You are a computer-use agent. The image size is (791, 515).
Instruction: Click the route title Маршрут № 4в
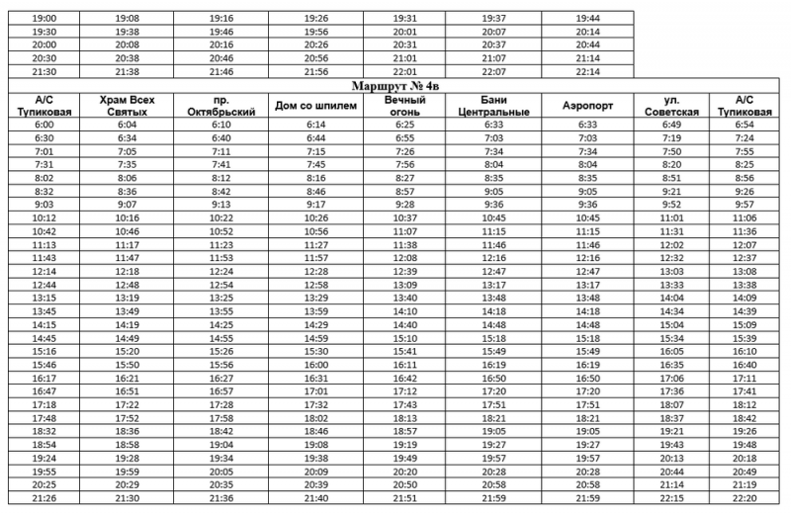[395, 86]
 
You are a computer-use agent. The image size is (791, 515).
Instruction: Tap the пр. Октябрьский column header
[220, 106]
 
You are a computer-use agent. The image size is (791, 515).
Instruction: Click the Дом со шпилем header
[315, 106]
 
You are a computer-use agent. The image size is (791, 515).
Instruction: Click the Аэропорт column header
[587, 106]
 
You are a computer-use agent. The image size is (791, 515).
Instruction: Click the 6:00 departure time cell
[43, 126]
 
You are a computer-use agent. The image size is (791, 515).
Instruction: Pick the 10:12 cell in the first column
[43, 216]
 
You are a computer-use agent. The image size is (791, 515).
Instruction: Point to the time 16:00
[315, 365]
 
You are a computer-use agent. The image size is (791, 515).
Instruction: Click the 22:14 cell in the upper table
[587, 72]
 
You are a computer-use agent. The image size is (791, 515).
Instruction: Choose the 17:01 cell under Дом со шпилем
[315, 391]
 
